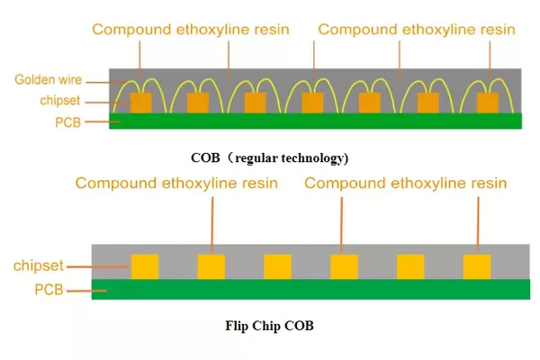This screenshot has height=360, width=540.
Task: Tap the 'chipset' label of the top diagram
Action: click(x=61, y=100)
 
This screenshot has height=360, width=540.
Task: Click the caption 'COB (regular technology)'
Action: click(x=269, y=157)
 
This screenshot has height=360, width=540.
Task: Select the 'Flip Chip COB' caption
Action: click(x=270, y=326)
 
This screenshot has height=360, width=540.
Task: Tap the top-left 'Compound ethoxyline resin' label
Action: click(x=190, y=30)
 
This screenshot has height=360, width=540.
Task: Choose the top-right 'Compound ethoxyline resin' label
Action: click(x=417, y=30)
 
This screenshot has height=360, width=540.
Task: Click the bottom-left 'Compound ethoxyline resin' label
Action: click(x=176, y=184)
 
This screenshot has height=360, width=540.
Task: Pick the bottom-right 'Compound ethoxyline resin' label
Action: click(x=406, y=184)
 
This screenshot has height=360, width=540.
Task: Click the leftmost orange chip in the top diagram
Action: click(x=141, y=103)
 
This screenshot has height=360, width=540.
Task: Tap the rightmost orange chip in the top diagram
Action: click(x=487, y=103)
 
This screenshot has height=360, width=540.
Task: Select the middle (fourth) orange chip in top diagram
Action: click(x=312, y=103)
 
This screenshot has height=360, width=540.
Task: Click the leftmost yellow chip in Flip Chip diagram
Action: click(x=145, y=266)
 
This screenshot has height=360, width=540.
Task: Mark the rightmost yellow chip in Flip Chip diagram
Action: click(x=477, y=266)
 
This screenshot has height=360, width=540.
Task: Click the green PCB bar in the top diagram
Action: click(x=315, y=121)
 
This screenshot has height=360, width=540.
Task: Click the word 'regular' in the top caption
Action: click(x=260, y=157)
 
